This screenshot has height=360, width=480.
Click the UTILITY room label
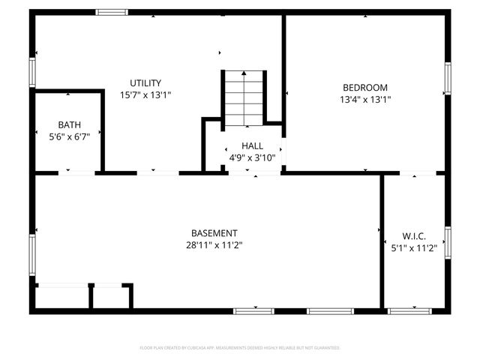pos(145,83)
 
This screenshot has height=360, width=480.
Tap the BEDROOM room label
pos(365,87)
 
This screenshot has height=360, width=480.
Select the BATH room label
pos(70,125)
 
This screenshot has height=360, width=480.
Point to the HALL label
pos(252,145)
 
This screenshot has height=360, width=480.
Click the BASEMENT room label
pos(214,233)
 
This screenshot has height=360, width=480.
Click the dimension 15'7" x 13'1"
pos(145,95)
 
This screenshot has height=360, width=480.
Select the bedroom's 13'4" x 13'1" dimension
pos(365,99)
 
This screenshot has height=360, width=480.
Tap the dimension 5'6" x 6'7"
pos(70,137)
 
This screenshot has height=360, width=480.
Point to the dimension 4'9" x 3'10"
pos(252,157)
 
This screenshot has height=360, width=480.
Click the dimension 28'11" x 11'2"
pos(214,245)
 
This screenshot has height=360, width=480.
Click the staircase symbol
pos(244,98)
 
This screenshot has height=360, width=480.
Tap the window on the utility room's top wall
pos(112,12)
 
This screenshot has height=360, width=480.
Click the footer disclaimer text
pos(240,348)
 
